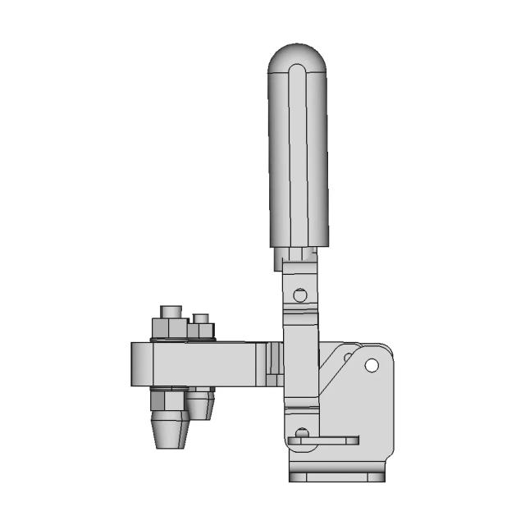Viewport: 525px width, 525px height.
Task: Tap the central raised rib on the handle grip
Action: click(298, 156)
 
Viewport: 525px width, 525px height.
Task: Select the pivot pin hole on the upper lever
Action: click(301, 294)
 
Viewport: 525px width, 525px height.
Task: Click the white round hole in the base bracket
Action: click(372, 365)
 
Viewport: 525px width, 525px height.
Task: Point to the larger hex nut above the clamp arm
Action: click(170, 330)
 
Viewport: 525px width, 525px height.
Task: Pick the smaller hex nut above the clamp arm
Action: click(201, 331)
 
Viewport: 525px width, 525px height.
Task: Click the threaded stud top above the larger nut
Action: click(171, 312)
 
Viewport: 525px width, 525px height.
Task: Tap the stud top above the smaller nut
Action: click(201, 317)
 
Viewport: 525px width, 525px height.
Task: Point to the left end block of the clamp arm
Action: click(141, 363)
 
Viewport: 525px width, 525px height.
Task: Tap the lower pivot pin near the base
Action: click(302, 432)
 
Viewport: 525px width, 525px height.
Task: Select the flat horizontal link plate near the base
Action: click(324, 441)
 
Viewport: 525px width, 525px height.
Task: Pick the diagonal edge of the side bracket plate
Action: click(335, 386)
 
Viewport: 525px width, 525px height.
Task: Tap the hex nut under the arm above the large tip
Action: click(169, 401)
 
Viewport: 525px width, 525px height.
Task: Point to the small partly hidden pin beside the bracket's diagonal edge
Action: click(348, 356)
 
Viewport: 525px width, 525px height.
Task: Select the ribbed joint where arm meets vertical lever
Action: click(273, 363)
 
